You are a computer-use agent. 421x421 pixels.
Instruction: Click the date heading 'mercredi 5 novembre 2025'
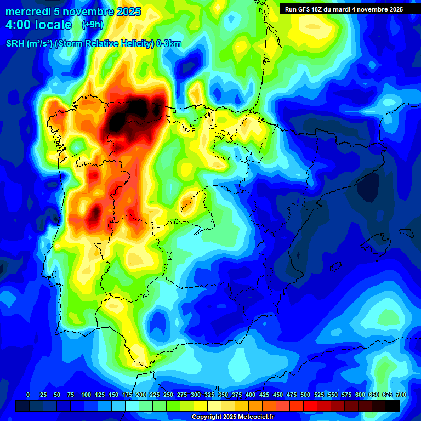(73, 12)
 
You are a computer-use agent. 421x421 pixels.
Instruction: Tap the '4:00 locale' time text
(38, 25)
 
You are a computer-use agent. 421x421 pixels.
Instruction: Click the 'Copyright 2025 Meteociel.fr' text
(233, 417)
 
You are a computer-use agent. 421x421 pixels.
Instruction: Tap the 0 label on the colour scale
(28, 395)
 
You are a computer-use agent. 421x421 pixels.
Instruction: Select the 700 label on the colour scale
(401, 395)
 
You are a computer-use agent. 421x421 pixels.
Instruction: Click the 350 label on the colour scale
(223, 395)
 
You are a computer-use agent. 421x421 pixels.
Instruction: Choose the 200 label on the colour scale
(141, 395)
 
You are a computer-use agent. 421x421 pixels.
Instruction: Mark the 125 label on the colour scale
(100, 395)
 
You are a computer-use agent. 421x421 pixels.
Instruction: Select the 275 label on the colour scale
(182, 395)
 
